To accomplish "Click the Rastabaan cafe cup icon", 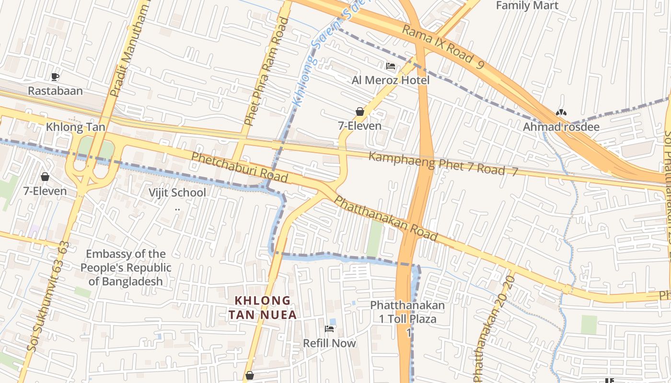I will (x=55, y=77).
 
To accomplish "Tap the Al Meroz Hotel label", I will (x=391, y=80).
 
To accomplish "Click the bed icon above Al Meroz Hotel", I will (x=391, y=66).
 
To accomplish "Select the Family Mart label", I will (x=527, y=6).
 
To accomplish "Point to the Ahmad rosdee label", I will (x=561, y=127).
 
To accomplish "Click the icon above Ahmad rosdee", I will (x=561, y=113).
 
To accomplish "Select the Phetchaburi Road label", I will (x=240, y=167).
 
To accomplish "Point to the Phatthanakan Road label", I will (x=385, y=218).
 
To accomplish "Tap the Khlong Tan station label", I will (x=75, y=127).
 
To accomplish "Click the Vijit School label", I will (x=177, y=192).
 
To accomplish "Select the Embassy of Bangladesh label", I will (x=126, y=268).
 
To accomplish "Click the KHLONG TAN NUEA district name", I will (x=262, y=307).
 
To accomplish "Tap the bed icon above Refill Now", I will (x=329, y=329).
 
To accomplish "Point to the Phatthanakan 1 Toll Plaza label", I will (x=407, y=312).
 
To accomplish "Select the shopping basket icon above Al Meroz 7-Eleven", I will (x=360, y=112).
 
